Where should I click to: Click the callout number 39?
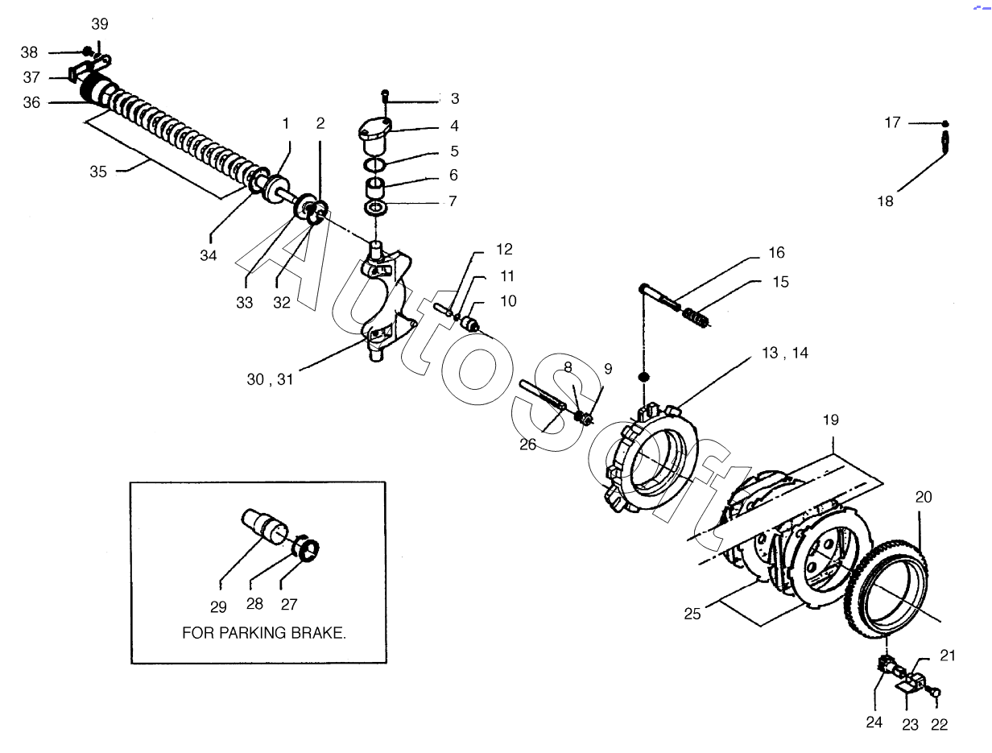[x=100, y=24]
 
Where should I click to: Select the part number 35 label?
[x=98, y=172]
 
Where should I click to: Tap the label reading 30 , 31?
[x=270, y=379]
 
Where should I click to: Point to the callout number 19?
[x=831, y=420]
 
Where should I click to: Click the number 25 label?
[x=692, y=614]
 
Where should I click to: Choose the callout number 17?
[x=893, y=122]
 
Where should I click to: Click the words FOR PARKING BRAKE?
[x=264, y=633]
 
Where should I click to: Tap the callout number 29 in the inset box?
[x=218, y=606]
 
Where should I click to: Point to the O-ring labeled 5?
[x=374, y=164]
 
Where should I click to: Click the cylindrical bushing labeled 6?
[x=374, y=188]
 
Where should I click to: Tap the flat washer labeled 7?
[x=375, y=209]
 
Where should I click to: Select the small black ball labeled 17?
[x=945, y=124]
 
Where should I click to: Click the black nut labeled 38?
[x=87, y=52]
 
